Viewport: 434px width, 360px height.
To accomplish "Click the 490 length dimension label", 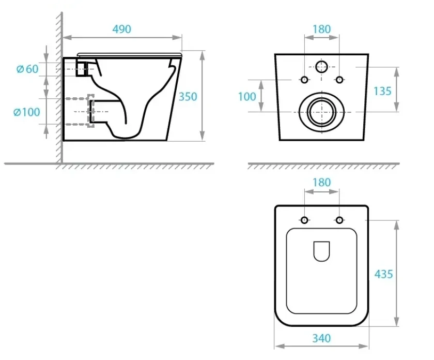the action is pos(122,29).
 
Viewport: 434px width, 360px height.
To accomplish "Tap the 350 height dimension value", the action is pos(188,97).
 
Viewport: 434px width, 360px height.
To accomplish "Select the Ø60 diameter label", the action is pos(27,69).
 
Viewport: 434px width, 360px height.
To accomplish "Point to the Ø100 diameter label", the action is pos(26,112).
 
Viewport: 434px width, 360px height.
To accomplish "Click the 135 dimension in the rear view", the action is pos(382,91).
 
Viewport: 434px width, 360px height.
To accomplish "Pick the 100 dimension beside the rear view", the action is pos(247,97).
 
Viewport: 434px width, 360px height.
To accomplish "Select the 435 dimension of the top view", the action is pos(383,274).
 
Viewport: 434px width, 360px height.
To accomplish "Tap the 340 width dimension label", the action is pos(321,338).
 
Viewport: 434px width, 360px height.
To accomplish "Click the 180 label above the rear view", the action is pos(321,29).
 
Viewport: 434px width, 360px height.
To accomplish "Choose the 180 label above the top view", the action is pos(321,183).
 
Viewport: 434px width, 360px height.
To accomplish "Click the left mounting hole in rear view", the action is pos(304,80).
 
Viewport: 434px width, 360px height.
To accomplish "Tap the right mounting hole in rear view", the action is pos(339,80).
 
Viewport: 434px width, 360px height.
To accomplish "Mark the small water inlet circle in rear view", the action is pos(321,67).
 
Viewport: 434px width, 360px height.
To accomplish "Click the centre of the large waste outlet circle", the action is pos(321,112).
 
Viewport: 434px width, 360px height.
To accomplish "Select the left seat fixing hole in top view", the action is pos(304,220).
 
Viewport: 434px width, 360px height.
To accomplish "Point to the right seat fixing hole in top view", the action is pos(339,220).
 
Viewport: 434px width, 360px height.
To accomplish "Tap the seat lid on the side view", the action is pos(130,55).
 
